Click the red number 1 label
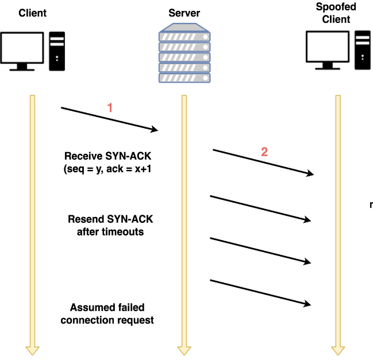coord(110,107)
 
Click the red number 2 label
coord(264,152)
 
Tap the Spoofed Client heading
coord(336,13)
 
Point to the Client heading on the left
coord(32,13)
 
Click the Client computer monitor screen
coord(22,47)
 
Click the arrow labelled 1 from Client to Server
coord(109,119)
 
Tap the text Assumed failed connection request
coord(107,314)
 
